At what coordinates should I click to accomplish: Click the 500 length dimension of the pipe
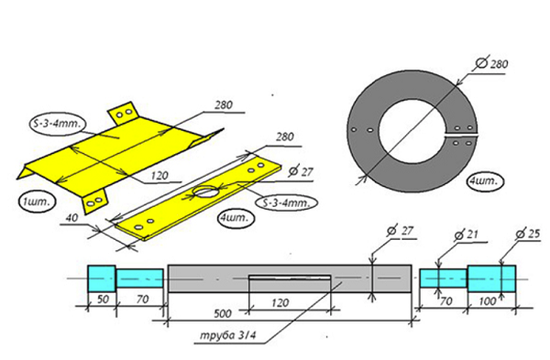(x=223, y=313)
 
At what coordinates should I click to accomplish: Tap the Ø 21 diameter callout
(x=466, y=235)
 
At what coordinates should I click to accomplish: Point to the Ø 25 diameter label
(x=528, y=234)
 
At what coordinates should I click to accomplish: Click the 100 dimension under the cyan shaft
(x=488, y=300)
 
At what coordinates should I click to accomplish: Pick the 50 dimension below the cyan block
(x=103, y=299)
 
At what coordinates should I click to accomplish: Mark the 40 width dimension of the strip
(x=71, y=218)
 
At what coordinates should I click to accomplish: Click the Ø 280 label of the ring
(x=491, y=63)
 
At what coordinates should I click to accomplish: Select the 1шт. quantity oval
(x=38, y=202)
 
